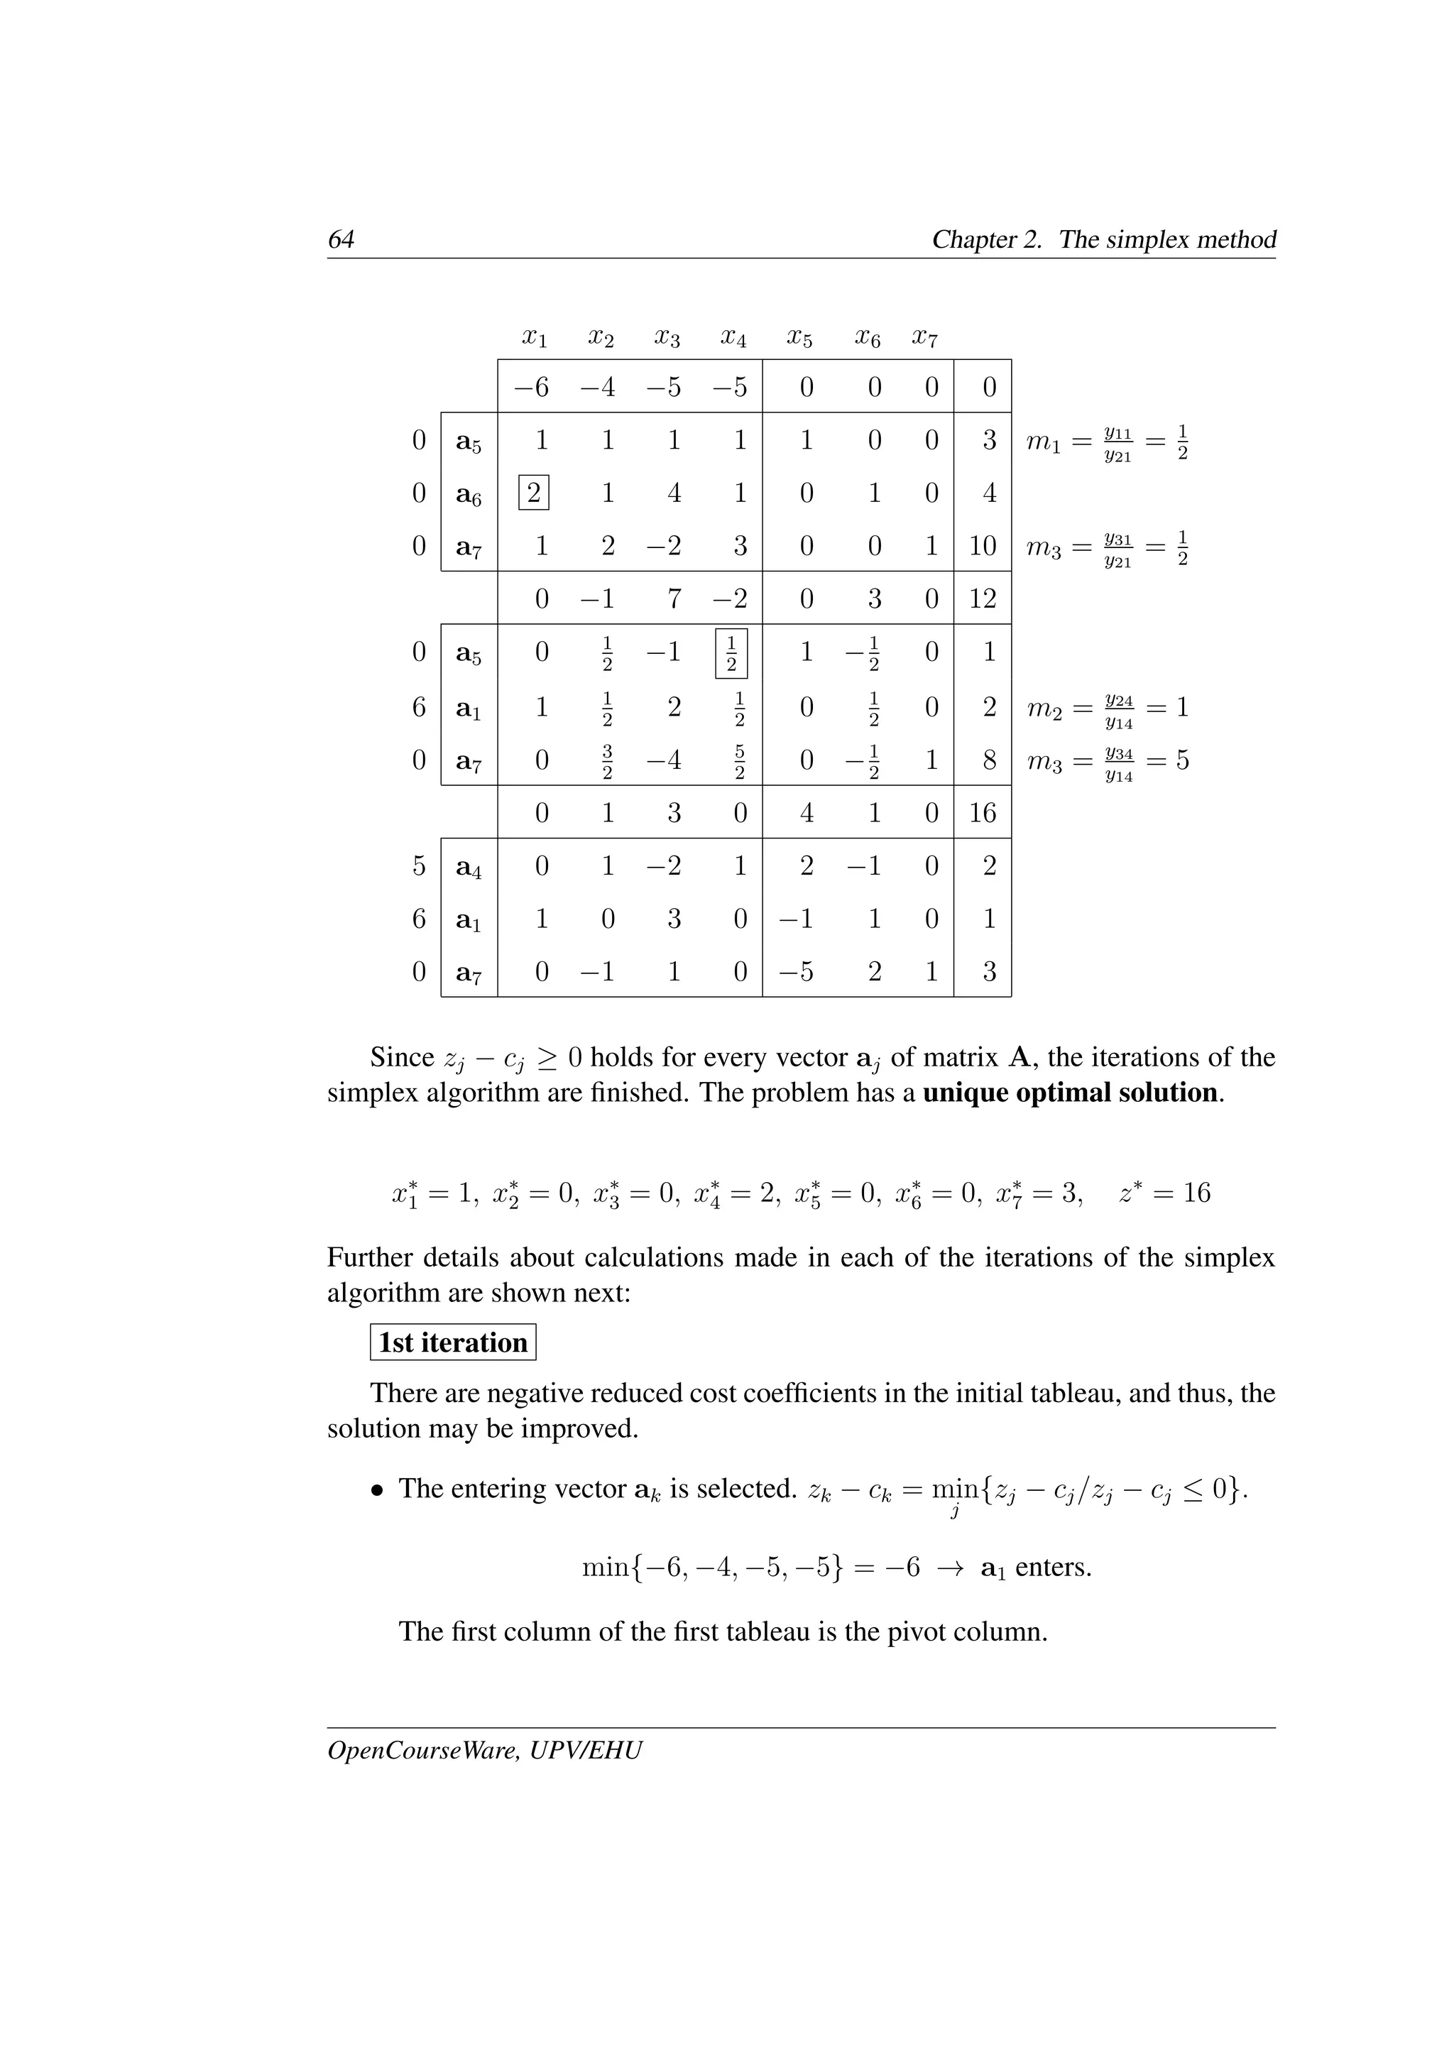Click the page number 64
point(341,239)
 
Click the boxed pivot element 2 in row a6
point(534,493)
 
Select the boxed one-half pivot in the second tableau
point(731,654)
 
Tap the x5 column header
point(799,339)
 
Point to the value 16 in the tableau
point(982,813)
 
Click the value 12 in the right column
point(982,598)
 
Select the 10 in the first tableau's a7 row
point(982,546)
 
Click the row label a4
point(469,867)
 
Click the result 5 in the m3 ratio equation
point(1182,761)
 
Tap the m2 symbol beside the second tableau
point(1043,709)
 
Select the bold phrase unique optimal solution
point(1070,1093)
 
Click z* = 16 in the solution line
point(1164,1193)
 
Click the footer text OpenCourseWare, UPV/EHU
point(484,1750)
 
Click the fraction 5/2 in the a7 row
point(740,761)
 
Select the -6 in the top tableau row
point(531,388)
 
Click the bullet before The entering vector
point(378,1490)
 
